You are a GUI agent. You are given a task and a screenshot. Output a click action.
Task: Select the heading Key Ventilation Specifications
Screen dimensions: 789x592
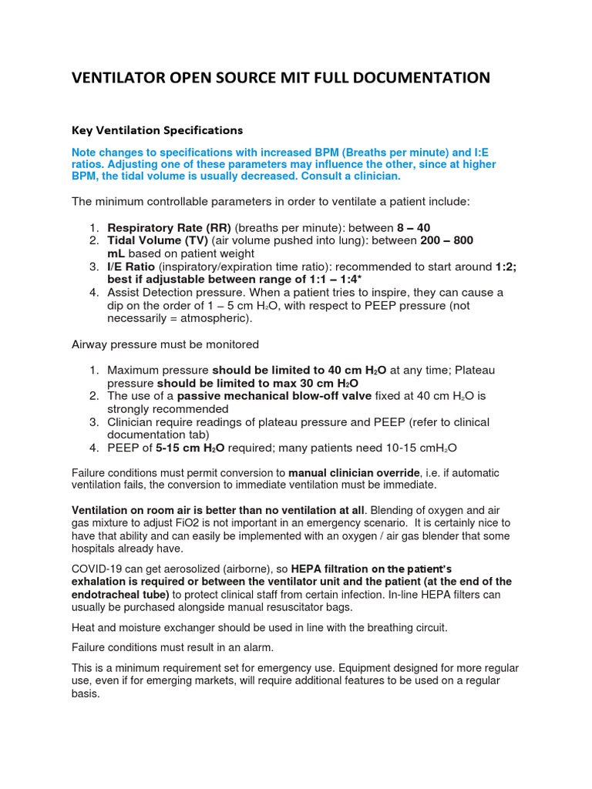pos(157,129)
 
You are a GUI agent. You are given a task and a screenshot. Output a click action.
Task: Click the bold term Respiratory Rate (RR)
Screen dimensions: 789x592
pos(169,228)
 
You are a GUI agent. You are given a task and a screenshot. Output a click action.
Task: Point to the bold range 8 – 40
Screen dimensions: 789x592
pos(413,228)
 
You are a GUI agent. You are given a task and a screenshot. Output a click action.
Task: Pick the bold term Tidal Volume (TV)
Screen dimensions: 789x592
pos(156,241)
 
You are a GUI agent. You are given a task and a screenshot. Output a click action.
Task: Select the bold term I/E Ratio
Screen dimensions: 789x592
pos(132,267)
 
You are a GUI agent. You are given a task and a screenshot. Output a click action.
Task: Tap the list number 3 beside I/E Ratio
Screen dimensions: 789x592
pos(92,267)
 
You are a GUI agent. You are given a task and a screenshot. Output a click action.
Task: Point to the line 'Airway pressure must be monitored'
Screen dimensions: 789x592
pos(165,344)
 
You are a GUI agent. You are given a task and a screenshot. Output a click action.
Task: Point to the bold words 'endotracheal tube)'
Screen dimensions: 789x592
pos(120,595)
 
